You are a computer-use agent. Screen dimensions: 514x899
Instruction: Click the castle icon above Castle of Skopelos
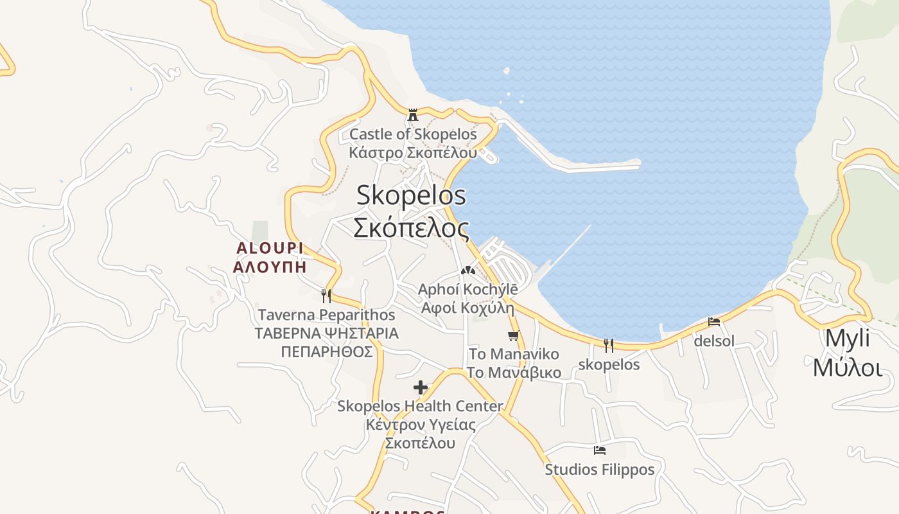click(x=413, y=115)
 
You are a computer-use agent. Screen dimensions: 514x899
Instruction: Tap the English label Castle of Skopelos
click(x=413, y=134)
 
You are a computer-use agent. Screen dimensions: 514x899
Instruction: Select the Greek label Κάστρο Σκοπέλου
click(x=413, y=153)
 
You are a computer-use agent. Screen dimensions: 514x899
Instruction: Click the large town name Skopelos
click(x=411, y=195)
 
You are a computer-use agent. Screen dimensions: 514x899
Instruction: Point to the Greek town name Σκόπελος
click(x=411, y=227)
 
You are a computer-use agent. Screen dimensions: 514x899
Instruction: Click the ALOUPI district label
click(x=270, y=248)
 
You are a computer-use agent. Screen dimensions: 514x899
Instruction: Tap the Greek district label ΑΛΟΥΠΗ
click(x=270, y=267)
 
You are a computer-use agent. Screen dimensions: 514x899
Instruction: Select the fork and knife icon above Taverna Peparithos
click(x=326, y=296)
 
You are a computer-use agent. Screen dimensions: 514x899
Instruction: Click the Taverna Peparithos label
click(x=326, y=315)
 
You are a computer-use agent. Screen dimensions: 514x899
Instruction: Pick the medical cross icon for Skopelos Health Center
click(x=421, y=387)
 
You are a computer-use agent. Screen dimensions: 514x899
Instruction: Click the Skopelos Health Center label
click(x=421, y=406)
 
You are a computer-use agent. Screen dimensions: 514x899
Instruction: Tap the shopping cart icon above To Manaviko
click(x=513, y=335)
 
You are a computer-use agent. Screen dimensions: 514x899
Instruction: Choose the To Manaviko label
click(x=514, y=354)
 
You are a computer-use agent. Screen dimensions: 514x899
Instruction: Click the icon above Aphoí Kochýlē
click(x=468, y=270)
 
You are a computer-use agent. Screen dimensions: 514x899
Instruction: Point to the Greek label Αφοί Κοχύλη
click(x=467, y=307)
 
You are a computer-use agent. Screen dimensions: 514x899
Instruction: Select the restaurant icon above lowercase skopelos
click(x=609, y=346)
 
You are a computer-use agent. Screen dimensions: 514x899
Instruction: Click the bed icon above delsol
click(x=714, y=322)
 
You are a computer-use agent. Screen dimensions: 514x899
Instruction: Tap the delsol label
click(x=714, y=341)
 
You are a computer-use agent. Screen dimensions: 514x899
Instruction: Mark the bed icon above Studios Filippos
click(x=600, y=450)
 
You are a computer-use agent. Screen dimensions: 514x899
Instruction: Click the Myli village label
click(x=847, y=338)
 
